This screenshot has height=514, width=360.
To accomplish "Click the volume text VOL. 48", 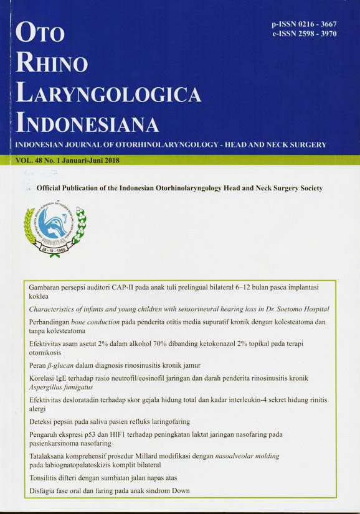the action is click(x=24, y=161).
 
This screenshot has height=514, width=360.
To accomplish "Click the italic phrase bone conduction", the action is click(x=106, y=322).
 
